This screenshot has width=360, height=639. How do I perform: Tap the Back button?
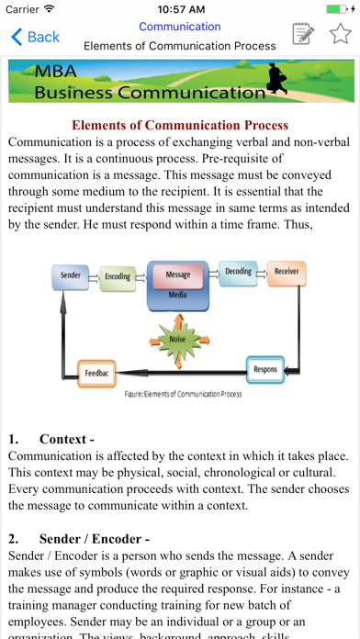[34, 37]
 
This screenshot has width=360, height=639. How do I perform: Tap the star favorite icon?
[340, 35]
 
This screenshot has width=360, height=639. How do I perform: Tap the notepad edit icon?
[301, 35]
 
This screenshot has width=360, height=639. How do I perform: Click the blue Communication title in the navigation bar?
[180, 27]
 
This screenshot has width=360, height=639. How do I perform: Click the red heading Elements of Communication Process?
[180, 125]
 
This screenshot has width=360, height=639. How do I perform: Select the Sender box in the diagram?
[70, 275]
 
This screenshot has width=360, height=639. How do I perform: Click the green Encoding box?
[117, 276]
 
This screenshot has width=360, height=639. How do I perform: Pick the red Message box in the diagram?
[177, 275]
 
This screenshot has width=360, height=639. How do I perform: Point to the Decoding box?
[238, 272]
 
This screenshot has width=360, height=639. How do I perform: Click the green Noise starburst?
[177, 340]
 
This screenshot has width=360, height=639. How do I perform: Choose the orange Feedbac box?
[96, 375]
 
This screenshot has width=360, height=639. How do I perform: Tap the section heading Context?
[66, 439]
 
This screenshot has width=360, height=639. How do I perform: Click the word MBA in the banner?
[57, 72]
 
